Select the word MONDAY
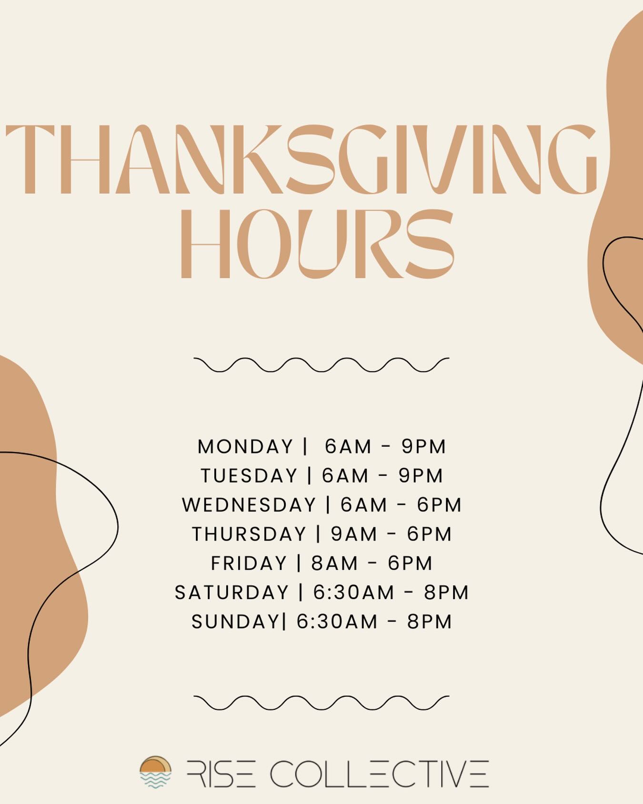coord(245,447)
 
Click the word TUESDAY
coord(249,476)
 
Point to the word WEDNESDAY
coord(249,505)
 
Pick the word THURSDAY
coord(249,534)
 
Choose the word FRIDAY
coord(249,563)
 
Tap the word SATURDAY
coord(232,593)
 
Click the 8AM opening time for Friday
coord(334,563)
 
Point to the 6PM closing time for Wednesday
coord(439,505)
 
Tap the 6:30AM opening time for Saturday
coord(354,593)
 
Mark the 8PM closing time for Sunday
coord(429,622)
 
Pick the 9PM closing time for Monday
coord(423,447)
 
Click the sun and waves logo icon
coord(155,772)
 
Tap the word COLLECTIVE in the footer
coord(380,774)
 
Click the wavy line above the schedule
coord(321,364)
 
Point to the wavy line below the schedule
coord(321,703)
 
